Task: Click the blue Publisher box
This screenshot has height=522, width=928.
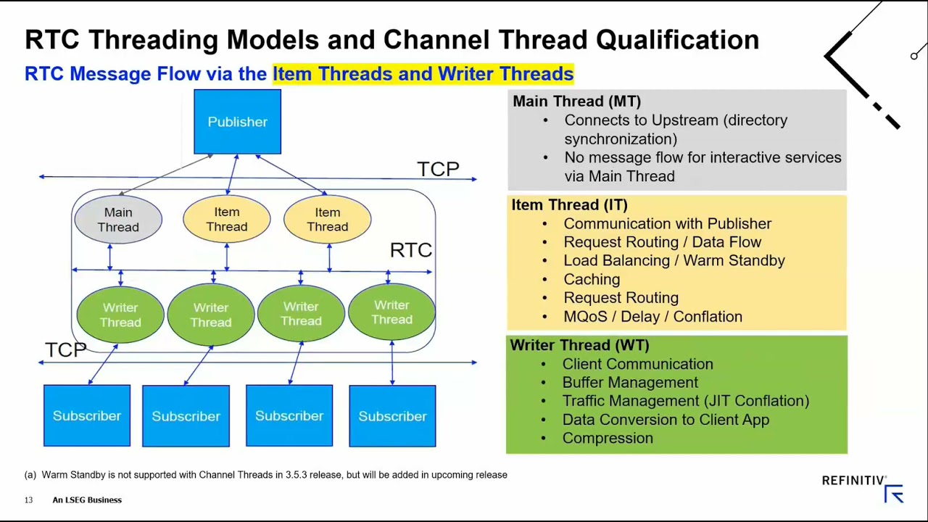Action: (x=237, y=122)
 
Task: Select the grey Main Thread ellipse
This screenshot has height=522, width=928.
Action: (x=118, y=220)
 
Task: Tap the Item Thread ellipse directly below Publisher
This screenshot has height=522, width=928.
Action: (x=226, y=219)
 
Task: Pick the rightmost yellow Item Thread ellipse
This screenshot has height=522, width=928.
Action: (x=327, y=219)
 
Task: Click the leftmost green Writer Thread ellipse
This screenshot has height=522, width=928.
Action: (x=120, y=315)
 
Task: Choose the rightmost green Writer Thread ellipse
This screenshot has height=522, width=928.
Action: (x=391, y=312)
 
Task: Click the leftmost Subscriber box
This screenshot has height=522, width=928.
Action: (x=87, y=415)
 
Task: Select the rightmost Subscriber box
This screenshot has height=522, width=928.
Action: (x=392, y=416)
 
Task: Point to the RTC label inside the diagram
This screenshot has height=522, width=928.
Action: (x=410, y=250)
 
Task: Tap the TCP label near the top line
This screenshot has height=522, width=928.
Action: (x=438, y=169)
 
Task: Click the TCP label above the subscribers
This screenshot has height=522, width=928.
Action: (x=65, y=350)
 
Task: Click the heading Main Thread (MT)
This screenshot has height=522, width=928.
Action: (x=576, y=101)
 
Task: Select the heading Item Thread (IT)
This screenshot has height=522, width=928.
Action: (x=569, y=205)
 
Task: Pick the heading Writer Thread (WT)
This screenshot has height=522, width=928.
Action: (x=579, y=345)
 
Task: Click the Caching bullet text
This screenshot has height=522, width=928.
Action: (x=592, y=279)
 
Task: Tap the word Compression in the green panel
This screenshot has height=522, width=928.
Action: (x=608, y=438)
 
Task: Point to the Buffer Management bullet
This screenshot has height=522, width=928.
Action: (x=630, y=382)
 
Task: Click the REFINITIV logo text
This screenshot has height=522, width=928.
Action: (x=853, y=481)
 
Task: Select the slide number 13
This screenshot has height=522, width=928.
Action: (x=28, y=500)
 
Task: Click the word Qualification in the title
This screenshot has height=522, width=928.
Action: (x=677, y=40)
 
